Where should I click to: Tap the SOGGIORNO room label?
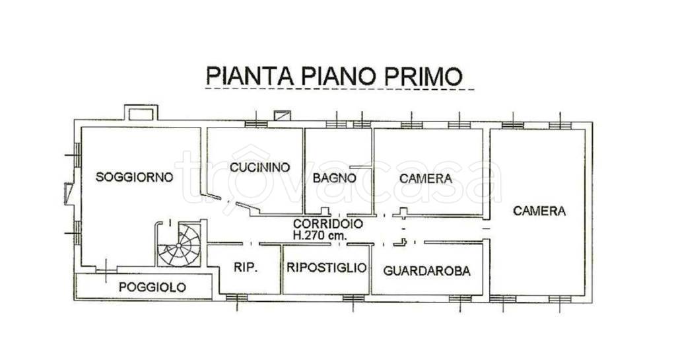point(135,177)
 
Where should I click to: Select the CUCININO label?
point(260,168)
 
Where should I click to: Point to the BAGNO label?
point(335,178)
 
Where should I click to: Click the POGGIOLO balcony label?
point(152,287)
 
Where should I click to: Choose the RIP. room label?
point(245,268)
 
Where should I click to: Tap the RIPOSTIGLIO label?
point(326,268)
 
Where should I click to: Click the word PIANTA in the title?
point(244,75)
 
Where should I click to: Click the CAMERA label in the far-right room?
point(539,211)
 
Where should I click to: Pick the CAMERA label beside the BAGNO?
point(426,178)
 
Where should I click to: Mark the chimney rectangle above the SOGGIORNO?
point(140,114)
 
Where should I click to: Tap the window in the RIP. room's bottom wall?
point(236,298)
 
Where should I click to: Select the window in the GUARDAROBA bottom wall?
point(459,299)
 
